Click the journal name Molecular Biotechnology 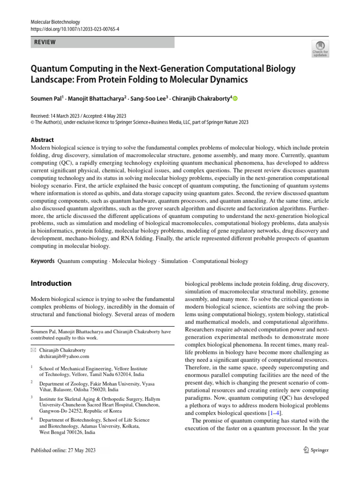[55, 22]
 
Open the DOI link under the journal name [75, 29]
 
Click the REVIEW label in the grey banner [45, 42]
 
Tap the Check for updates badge [320, 49]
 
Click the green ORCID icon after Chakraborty [235, 98]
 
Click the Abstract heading [42, 140]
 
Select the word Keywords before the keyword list [42, 261]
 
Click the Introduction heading [51, 283]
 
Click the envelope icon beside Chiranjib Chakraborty [33, 350]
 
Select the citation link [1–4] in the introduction [274, 413]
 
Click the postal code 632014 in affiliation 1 [121, 375]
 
